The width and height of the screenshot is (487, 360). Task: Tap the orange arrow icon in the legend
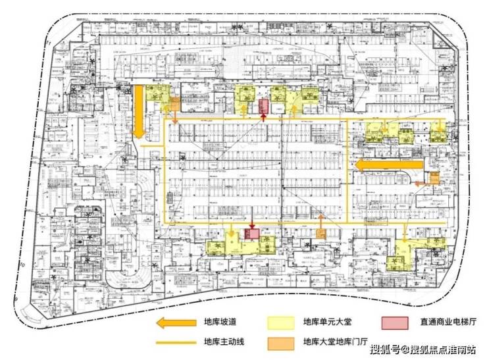click(176, 322)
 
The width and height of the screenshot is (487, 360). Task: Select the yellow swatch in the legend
click(280, 322)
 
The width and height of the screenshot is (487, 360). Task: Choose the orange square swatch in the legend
click(280, 342)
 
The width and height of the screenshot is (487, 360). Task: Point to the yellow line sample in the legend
click(176, 342)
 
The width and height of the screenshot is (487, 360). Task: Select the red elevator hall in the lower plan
click(252, 234)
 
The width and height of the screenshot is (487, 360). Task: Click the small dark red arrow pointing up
click(263, 118)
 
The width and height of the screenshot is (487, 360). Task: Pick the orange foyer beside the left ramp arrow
click(174, 105)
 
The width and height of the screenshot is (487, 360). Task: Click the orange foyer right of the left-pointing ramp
click(434, 178)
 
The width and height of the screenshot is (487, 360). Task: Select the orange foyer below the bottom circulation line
click(320, 234)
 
